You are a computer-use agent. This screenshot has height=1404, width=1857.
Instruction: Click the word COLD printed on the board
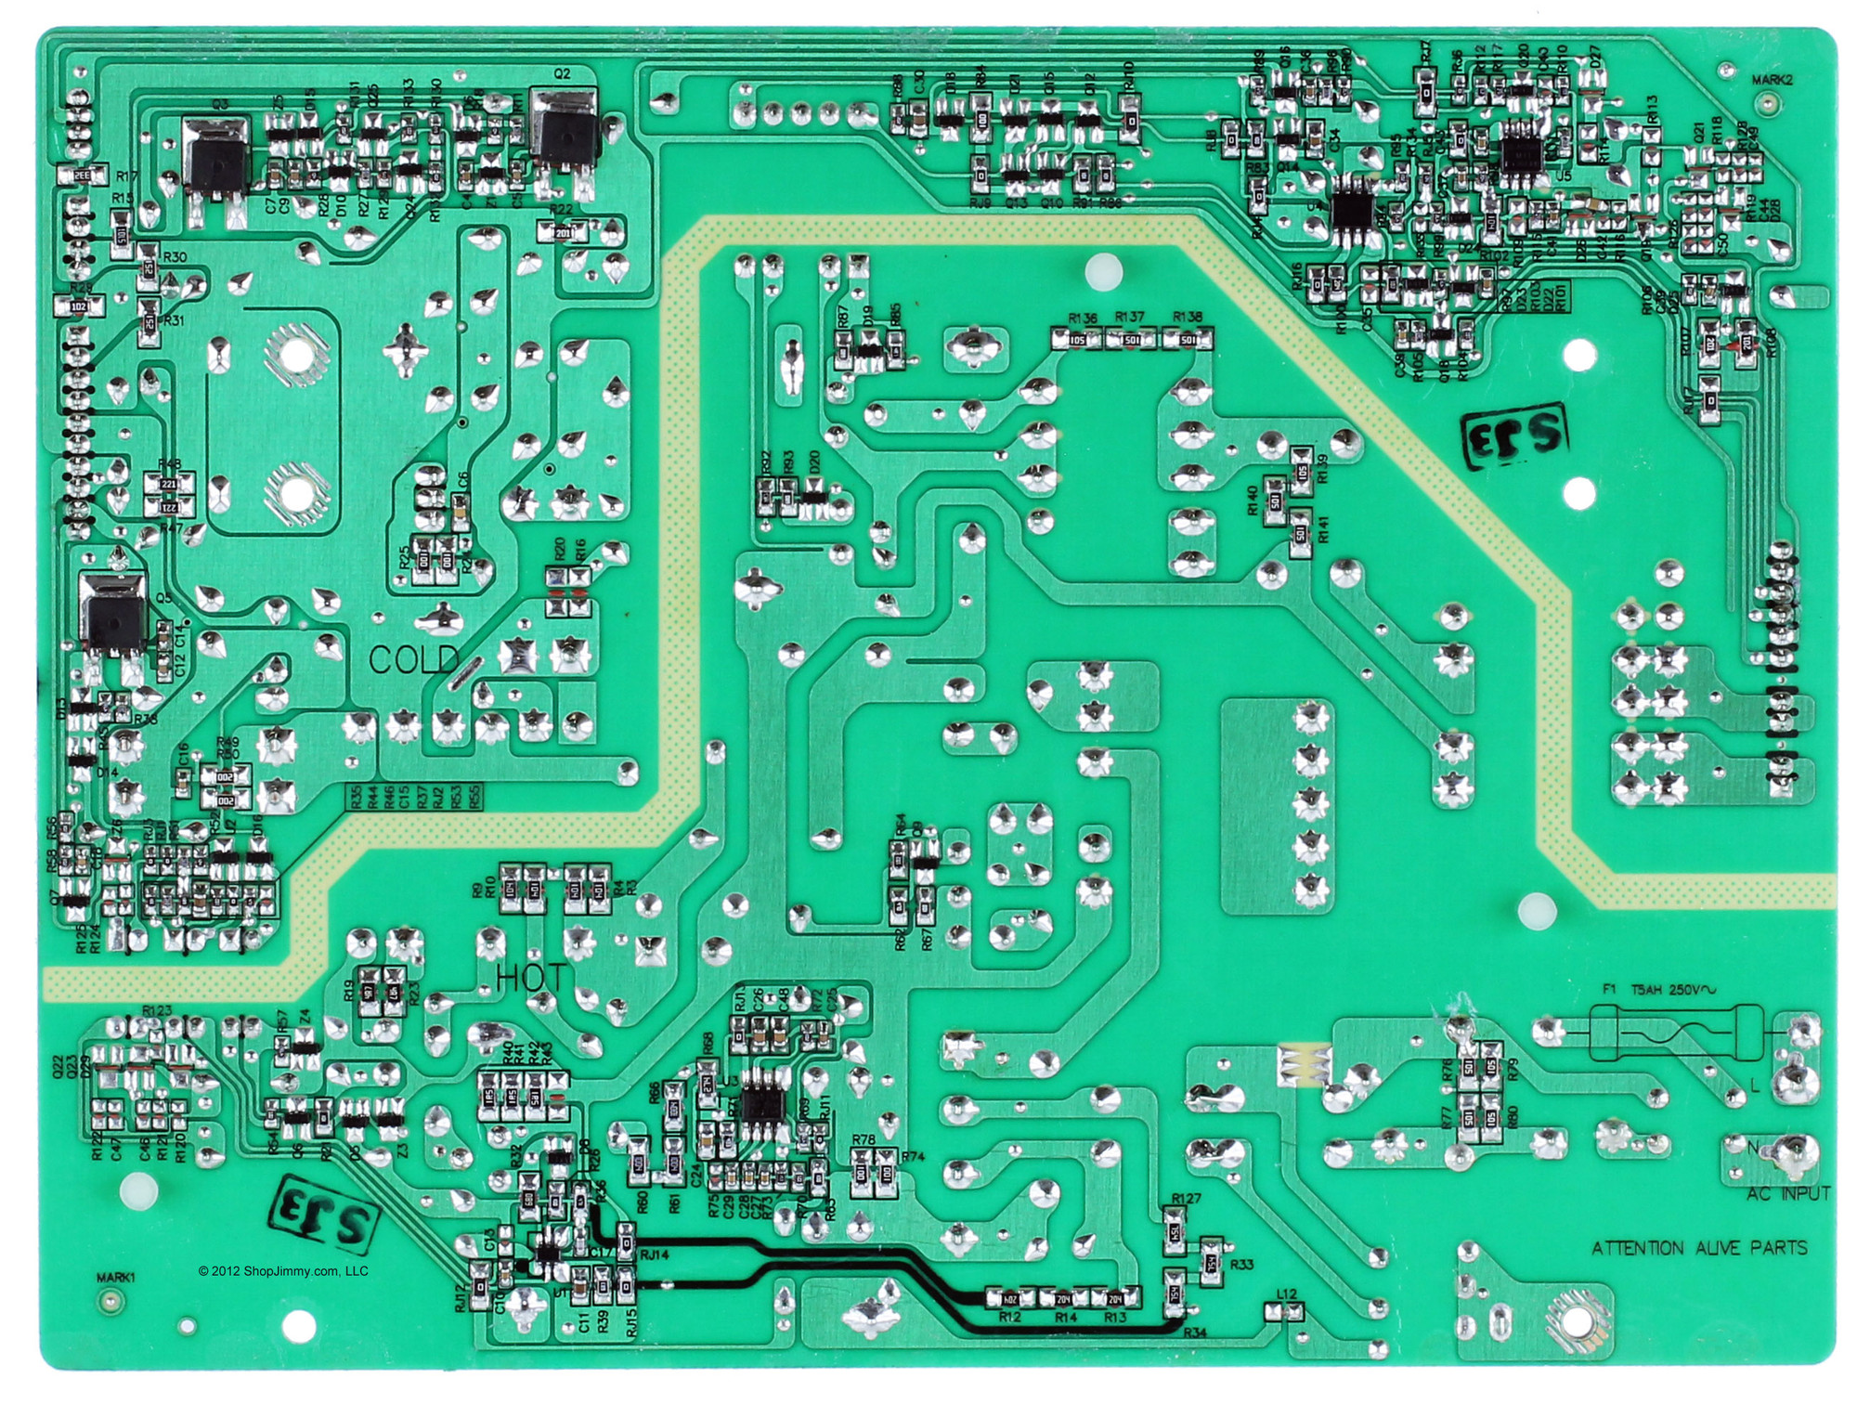pos(413,660)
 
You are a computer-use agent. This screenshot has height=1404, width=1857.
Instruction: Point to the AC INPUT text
pos(1787,1194)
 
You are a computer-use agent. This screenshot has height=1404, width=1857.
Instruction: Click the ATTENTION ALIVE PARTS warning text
pos(1699,1248)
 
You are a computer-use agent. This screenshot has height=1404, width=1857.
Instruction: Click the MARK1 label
pos(116,1277)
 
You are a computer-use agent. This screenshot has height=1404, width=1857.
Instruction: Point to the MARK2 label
pos(1772,80)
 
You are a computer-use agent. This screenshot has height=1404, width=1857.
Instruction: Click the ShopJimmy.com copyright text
pos(283,1271)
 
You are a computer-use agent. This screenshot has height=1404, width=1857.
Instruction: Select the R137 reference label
pos(1130,318)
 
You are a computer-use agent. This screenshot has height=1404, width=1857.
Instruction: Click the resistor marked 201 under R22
pos(564,233)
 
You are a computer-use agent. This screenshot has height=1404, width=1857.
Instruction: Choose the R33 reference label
pos(1241,1265)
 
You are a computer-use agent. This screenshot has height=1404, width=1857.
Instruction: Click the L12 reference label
pos(1286,1294)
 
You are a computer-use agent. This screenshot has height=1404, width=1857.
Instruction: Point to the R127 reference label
pos(1186,1199)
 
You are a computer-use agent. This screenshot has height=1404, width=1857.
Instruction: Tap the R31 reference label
pos(173,320)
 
